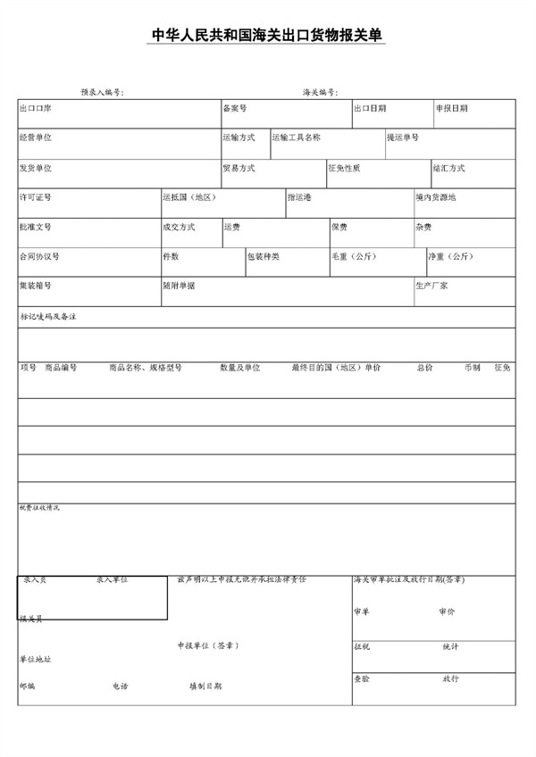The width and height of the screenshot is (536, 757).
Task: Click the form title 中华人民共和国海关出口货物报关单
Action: point(267,37)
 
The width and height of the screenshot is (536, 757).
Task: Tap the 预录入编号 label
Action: point(102,92)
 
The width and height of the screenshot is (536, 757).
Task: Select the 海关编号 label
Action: point(320,92)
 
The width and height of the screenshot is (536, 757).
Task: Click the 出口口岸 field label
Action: point(35,109)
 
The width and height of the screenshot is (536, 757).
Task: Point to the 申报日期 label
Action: point(451,109)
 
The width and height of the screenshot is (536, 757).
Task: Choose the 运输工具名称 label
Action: point(297,137)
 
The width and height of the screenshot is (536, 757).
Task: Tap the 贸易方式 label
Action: point(239,168)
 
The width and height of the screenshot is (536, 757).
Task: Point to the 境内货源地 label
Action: point(435,197)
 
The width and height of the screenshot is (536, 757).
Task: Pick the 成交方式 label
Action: point(179,227)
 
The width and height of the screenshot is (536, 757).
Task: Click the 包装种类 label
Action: point(264,256)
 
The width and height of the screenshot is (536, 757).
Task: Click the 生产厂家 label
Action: point(431,286)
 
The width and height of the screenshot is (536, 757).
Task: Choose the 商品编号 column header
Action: point(61,367)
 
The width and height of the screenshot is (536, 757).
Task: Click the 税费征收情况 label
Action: point(40,508)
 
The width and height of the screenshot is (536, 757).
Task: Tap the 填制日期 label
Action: point(205,686)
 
